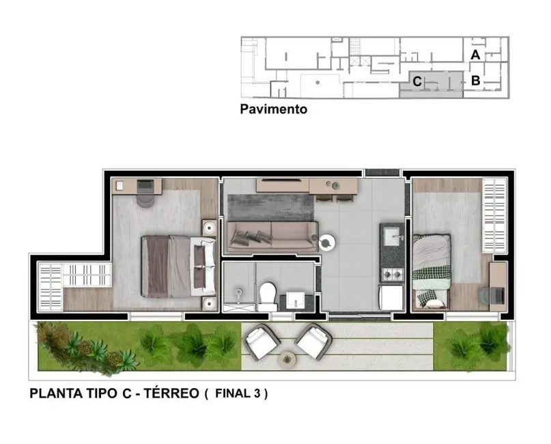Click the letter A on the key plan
click(x=476, y=54)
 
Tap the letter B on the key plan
click(x=476, y=81)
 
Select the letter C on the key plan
click(x=416, y=82)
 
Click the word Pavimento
click(x=273, y=109)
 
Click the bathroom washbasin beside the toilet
click(x=295, y=299)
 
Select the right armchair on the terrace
click(x=312, y=341)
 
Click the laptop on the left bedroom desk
click(x=147, y=185)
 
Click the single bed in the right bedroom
click(x=432, y=270)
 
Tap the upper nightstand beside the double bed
click(x=209, y=227)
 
